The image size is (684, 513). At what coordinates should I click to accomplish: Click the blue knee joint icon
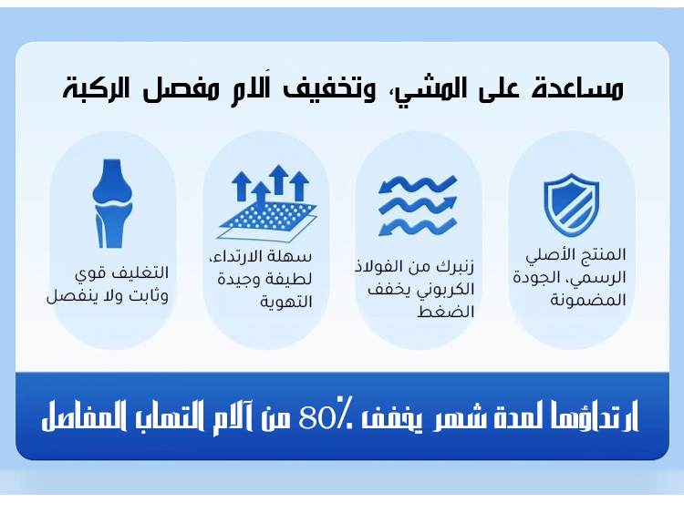point(113,204)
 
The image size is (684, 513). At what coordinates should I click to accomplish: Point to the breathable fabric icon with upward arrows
point(265,202)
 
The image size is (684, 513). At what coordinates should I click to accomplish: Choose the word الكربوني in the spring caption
point(451,289)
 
